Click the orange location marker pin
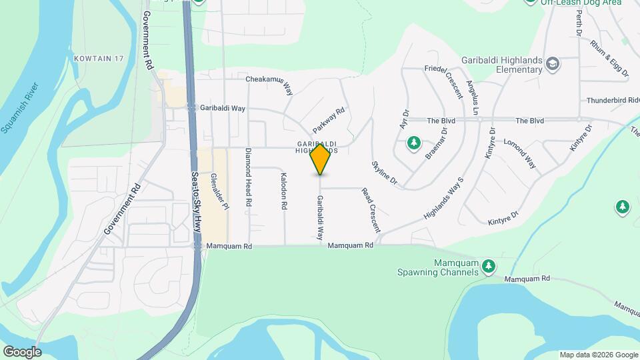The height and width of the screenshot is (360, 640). (320, 159)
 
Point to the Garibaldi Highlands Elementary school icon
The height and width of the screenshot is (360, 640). (552, 64)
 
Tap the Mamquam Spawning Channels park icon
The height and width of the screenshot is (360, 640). (489, 266)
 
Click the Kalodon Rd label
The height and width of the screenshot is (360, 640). (283, 192)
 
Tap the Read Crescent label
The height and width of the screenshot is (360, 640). (371, 209)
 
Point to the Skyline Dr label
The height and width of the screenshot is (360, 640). (384, 173)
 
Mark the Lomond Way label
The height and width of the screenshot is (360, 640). (520, 153)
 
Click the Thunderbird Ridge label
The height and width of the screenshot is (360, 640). (613, 100)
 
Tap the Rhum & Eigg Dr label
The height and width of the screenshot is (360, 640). (609, 58)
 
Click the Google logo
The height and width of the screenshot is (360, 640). (22, 351)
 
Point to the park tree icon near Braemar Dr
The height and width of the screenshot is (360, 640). (414, 143)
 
